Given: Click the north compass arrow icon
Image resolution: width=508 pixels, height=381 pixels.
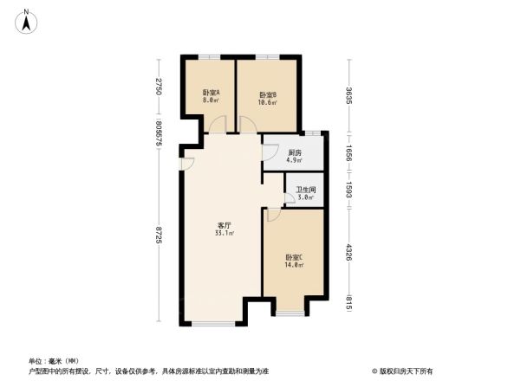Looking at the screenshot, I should (x=27, y=19).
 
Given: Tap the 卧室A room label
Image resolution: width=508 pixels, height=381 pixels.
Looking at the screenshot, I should (x=211, y=93).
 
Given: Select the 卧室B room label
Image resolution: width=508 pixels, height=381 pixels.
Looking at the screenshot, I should (x=267, y=95).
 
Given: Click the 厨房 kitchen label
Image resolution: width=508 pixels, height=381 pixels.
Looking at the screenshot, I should (x=296, y=152).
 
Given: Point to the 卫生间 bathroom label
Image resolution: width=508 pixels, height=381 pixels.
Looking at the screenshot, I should (x=305, y=190).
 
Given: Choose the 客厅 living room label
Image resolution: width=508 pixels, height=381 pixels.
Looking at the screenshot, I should (x=223, y=225).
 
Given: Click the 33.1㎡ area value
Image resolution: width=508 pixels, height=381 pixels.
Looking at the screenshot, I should (x=223, y=233).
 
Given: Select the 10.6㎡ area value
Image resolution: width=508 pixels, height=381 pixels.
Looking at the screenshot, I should (x=267, y=102).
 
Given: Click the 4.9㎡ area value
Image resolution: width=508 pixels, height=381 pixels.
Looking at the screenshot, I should (x=296, y=160).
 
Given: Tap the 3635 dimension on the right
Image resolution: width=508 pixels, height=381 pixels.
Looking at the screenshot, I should (x=349, y=95).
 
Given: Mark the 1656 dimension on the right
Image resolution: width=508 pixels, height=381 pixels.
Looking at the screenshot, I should (x=349, y=152).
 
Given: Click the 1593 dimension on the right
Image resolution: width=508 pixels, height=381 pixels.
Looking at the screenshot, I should (x=349, y=189).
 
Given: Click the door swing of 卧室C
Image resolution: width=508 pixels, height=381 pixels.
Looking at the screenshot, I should (x=272, y=215).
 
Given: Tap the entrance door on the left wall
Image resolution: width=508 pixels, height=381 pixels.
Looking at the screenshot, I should (x=186, y=165).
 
